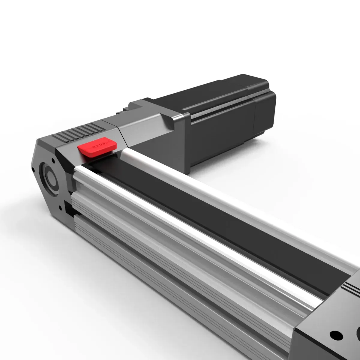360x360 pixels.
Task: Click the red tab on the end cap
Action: tap(97, 147)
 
